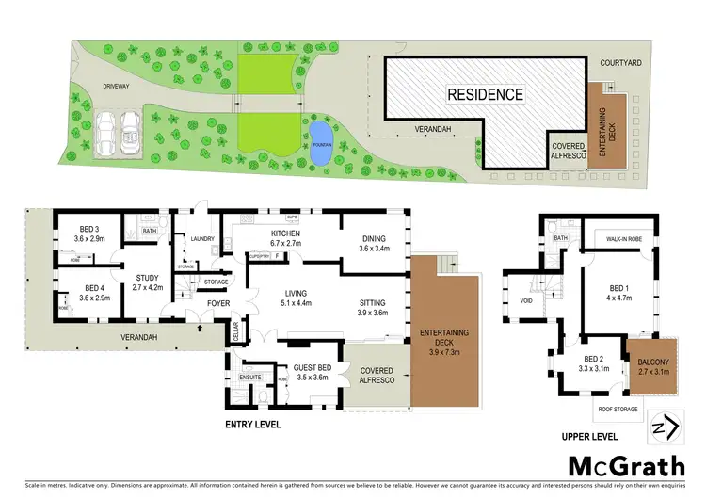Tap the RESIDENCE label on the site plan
484,94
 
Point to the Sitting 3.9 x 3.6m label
377,308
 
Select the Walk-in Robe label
623,239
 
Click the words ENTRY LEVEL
252,425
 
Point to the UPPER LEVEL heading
590,436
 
